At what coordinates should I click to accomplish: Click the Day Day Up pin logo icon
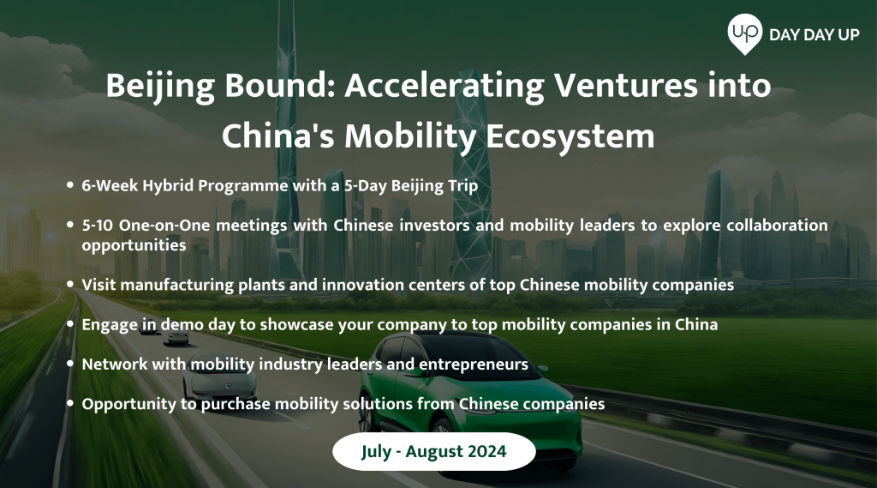pos(744,33)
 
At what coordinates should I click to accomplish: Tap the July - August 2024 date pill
pos(434,451)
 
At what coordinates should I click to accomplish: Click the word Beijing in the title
pos(160,87)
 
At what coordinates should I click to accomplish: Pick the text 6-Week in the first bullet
pos(110,185)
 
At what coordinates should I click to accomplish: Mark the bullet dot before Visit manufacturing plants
pos(70,284)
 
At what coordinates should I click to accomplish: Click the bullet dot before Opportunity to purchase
pos(70,403)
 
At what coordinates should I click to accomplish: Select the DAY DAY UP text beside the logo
pos(814,35)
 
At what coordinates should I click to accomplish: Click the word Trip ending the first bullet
pos(463,186)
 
